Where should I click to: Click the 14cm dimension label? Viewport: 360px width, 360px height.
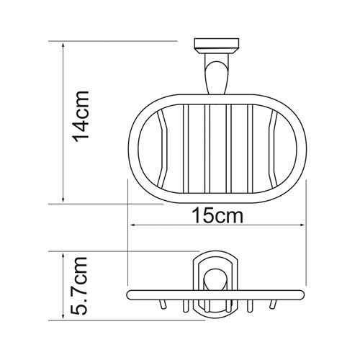click(81, 114)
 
